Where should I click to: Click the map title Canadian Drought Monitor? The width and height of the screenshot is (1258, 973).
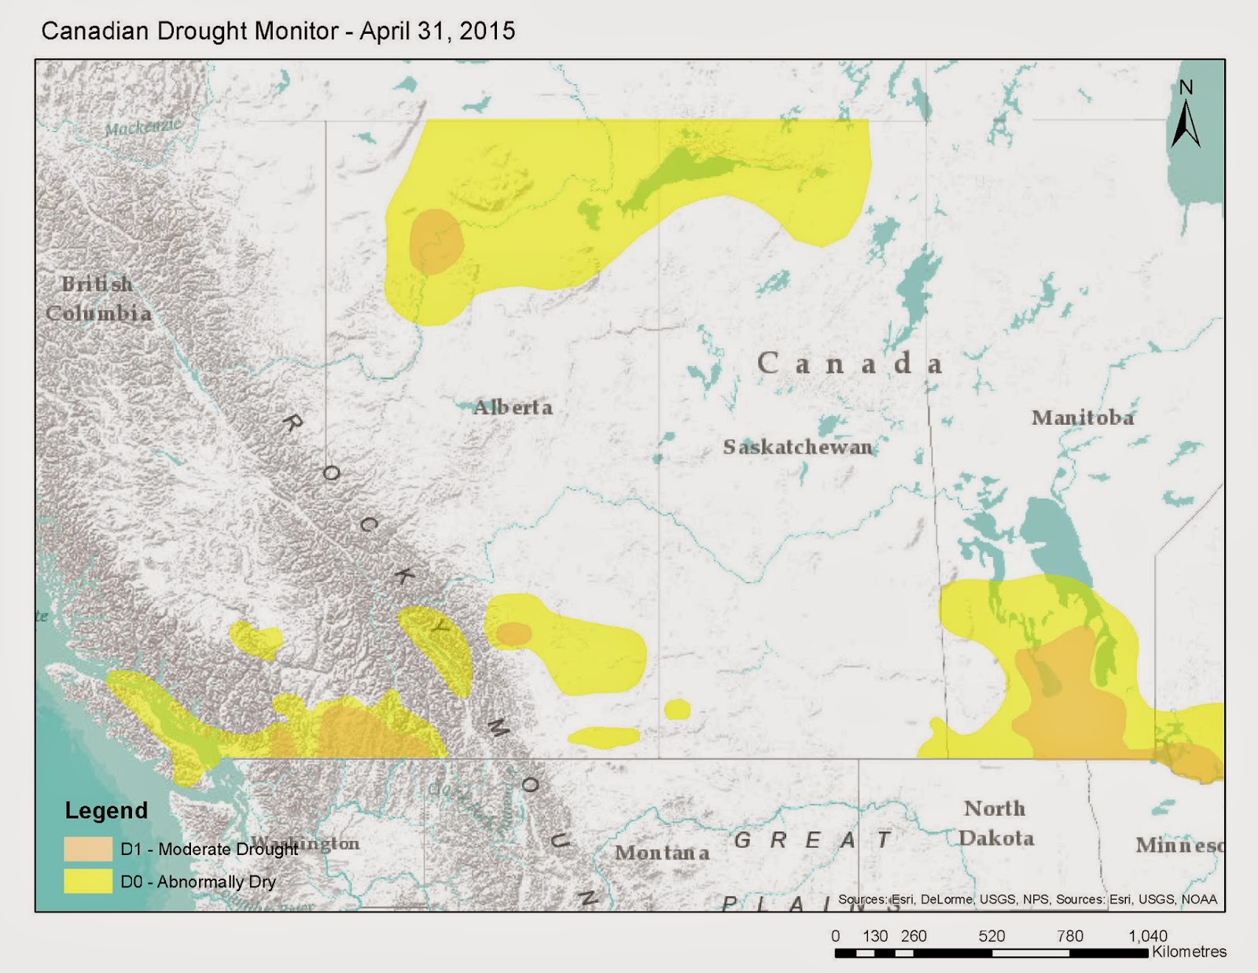278,31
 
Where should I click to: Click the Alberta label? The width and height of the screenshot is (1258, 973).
513,407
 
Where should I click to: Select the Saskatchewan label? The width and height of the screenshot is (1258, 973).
797,448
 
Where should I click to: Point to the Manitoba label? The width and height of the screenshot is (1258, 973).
1083,418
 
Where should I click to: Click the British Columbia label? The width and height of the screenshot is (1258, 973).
97,299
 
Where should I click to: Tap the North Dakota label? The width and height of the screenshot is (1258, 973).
995,823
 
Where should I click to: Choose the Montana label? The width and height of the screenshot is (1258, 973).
661,853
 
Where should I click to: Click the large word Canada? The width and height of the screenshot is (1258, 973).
849,363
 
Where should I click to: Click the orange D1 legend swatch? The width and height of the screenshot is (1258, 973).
88,849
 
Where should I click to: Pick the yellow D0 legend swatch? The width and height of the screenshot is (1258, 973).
88,881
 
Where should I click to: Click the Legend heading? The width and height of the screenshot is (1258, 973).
106,810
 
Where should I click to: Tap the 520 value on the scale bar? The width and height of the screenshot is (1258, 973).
991,936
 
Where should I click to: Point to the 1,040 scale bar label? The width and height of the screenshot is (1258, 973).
1147,936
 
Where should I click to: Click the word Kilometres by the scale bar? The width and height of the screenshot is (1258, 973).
1189,952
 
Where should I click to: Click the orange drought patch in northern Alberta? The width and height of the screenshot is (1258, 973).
436,241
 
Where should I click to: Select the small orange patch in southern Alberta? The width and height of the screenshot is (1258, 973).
514,634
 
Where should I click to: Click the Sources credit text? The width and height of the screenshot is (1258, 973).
1027,899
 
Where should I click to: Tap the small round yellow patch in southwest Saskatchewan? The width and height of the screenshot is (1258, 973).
677,709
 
